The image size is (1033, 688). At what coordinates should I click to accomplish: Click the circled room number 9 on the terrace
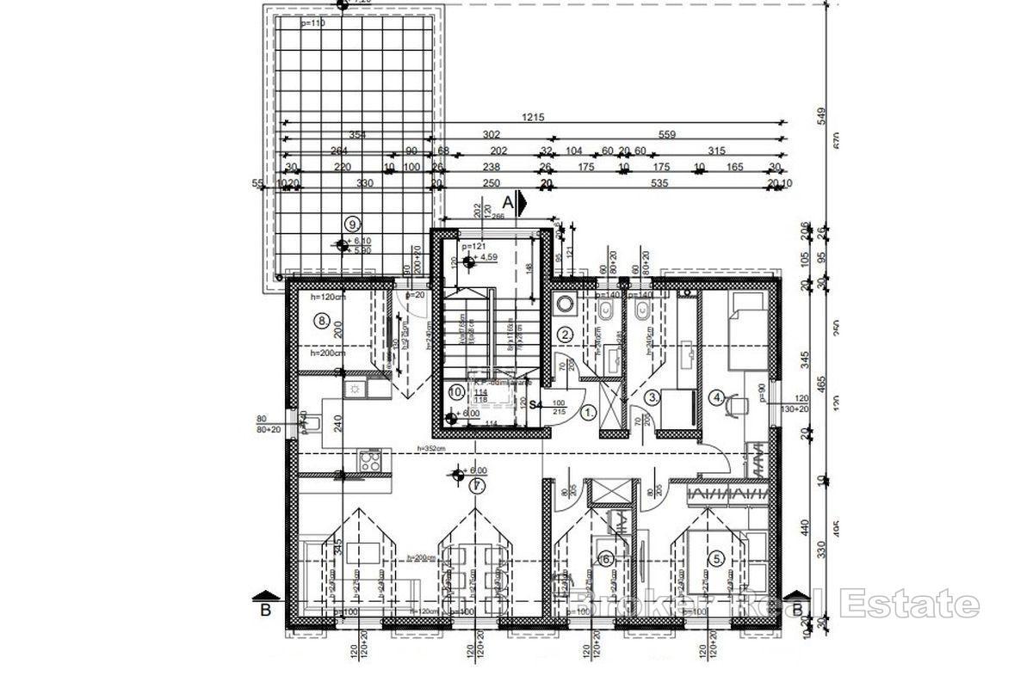point(350,223)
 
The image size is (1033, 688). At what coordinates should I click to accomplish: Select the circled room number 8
point(323,321)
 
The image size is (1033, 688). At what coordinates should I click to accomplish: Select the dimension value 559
point(667,134)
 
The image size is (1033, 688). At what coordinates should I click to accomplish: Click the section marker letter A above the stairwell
point(509,202)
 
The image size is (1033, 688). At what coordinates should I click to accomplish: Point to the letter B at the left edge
point(266,610)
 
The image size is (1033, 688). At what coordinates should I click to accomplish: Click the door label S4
point(534,403)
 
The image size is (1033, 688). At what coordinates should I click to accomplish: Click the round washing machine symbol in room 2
point(566,304)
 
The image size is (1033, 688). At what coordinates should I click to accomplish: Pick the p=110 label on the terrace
point(314,24)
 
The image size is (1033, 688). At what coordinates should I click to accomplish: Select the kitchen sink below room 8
point(354,390)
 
